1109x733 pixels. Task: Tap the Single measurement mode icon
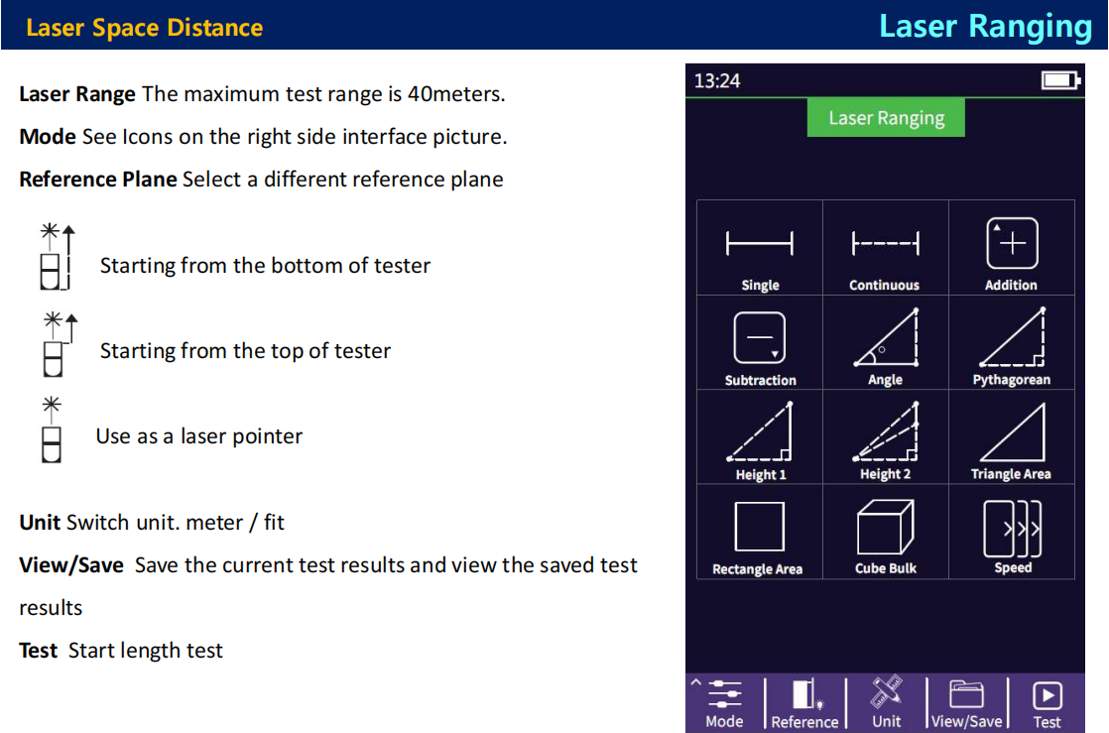pyautogui.click(x=760, y=243)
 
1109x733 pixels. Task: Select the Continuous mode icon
pyautogui.click(x=885, y=243)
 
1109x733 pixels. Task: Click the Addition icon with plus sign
pyautogui.click(x=1012, y=243)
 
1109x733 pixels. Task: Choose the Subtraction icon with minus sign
pyautogui.click(x=760, y=338)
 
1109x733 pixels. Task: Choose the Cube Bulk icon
pyautogui.click(x=885, y=527)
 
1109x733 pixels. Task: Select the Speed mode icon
pyautogui.click(x=1012, y=529)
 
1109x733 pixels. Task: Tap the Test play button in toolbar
pyautogui.click(x=1047, y=695)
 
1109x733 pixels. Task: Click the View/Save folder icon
pyautogui.click(x=966, y=694)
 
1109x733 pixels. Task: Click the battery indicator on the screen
pyautogui.click(x=1060, y=80)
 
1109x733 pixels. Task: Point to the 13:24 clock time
pyautogui.click(x=716, y=80)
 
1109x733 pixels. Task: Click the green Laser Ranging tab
pyautogui.click(x=886, y=117)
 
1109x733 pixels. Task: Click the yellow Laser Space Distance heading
pyautogui.click(x=144, y=28)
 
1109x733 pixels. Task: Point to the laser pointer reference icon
pyautogui.click(x=51, y=429)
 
